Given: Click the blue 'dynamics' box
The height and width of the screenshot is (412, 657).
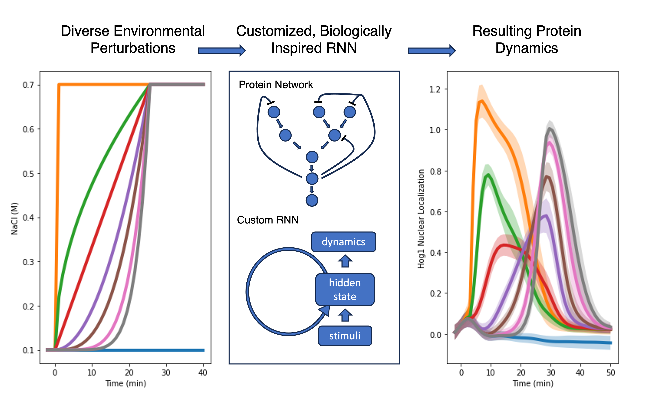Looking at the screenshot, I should [343, 242].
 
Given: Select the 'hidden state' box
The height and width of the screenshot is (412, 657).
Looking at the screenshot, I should [345, 289].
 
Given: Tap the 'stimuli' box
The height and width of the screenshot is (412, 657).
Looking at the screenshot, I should [345, 336].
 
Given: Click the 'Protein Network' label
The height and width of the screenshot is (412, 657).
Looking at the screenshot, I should [276, 85].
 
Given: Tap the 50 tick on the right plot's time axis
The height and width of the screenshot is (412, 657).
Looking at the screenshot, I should [611, 372].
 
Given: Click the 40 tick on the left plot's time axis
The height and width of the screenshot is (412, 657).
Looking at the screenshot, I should [203, 372].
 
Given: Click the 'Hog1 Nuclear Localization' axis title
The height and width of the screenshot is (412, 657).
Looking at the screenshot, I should [421, 218].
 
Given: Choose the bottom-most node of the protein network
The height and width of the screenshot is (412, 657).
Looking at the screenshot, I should [312, 201].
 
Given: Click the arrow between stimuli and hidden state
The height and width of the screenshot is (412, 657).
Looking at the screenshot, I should [345, 315].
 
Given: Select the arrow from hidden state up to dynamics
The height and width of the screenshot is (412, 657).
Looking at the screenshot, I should [345, 261].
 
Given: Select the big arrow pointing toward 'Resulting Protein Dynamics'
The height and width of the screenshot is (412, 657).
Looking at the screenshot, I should [431, 51].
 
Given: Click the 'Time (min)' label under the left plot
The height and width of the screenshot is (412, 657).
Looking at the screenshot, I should [126, 383].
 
